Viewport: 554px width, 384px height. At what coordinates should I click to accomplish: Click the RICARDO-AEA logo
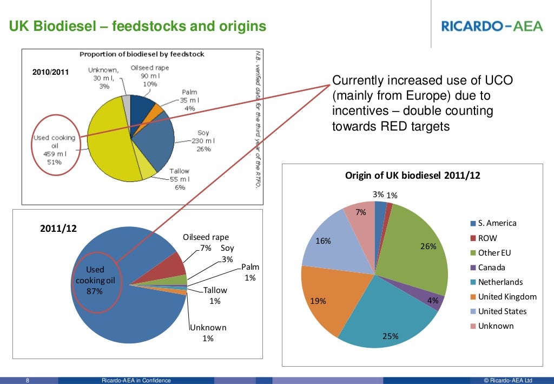[492, 26]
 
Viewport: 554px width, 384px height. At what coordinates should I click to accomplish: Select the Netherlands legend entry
[500, 282]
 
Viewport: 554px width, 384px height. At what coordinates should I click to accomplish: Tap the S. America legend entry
[497, 223]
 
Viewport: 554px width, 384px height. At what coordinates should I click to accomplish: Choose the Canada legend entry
[492, 268]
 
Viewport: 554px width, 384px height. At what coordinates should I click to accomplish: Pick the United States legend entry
[502, 311]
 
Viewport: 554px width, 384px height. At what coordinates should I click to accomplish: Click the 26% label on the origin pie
[428, 246]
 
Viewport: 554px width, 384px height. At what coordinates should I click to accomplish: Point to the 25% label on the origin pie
[390, 336]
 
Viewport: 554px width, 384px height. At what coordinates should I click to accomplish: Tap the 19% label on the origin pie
[318, 301]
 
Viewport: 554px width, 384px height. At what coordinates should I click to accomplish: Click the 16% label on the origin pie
[323, 241]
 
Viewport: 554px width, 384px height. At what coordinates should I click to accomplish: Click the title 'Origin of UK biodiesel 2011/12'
[413, 175]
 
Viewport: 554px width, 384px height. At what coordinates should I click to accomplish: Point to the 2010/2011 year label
[51, 72]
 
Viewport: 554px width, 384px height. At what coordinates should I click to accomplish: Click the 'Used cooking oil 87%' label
[95, 280]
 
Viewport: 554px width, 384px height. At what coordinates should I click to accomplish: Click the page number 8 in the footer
[28, 380]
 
